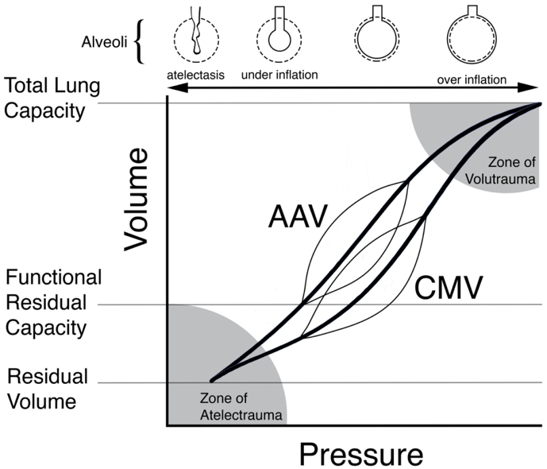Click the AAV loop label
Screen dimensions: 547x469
298,216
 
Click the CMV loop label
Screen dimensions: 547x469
449,288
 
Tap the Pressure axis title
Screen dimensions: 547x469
361,454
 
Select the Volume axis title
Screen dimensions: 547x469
136,200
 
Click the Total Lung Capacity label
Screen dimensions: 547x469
52,99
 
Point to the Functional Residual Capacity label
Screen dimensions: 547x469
53,303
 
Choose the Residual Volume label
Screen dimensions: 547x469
48,389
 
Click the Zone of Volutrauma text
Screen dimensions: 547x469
500,170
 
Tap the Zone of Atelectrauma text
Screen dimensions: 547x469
241,406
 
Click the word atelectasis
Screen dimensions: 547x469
196,75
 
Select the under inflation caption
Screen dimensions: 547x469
279,75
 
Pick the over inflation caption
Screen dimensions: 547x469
472,79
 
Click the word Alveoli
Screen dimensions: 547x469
104,42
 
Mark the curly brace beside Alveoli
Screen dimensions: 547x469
139,42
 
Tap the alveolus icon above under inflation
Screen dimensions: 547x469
279,34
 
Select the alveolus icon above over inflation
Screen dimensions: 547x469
472,34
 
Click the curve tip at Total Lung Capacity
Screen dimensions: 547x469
541,103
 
